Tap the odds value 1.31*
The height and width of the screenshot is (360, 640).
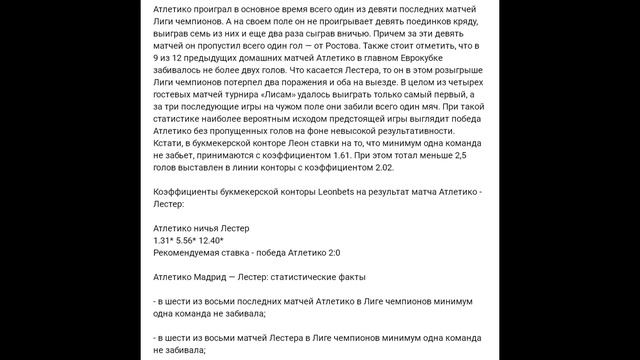pos(165,241)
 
